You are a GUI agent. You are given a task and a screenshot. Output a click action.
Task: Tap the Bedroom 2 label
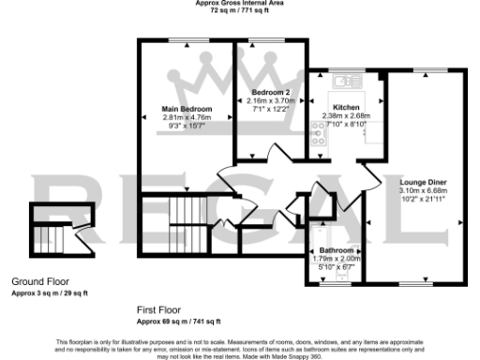point(271,92)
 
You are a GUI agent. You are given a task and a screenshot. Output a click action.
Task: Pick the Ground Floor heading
point(40,281)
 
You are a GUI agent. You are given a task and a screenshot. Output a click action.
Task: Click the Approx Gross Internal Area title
point(239,3)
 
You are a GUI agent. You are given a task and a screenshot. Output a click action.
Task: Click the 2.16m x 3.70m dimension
point(271,99)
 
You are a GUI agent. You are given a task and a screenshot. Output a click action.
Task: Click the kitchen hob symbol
point(317,136)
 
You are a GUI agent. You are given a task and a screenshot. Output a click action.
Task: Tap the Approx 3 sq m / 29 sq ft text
point(50,292)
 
